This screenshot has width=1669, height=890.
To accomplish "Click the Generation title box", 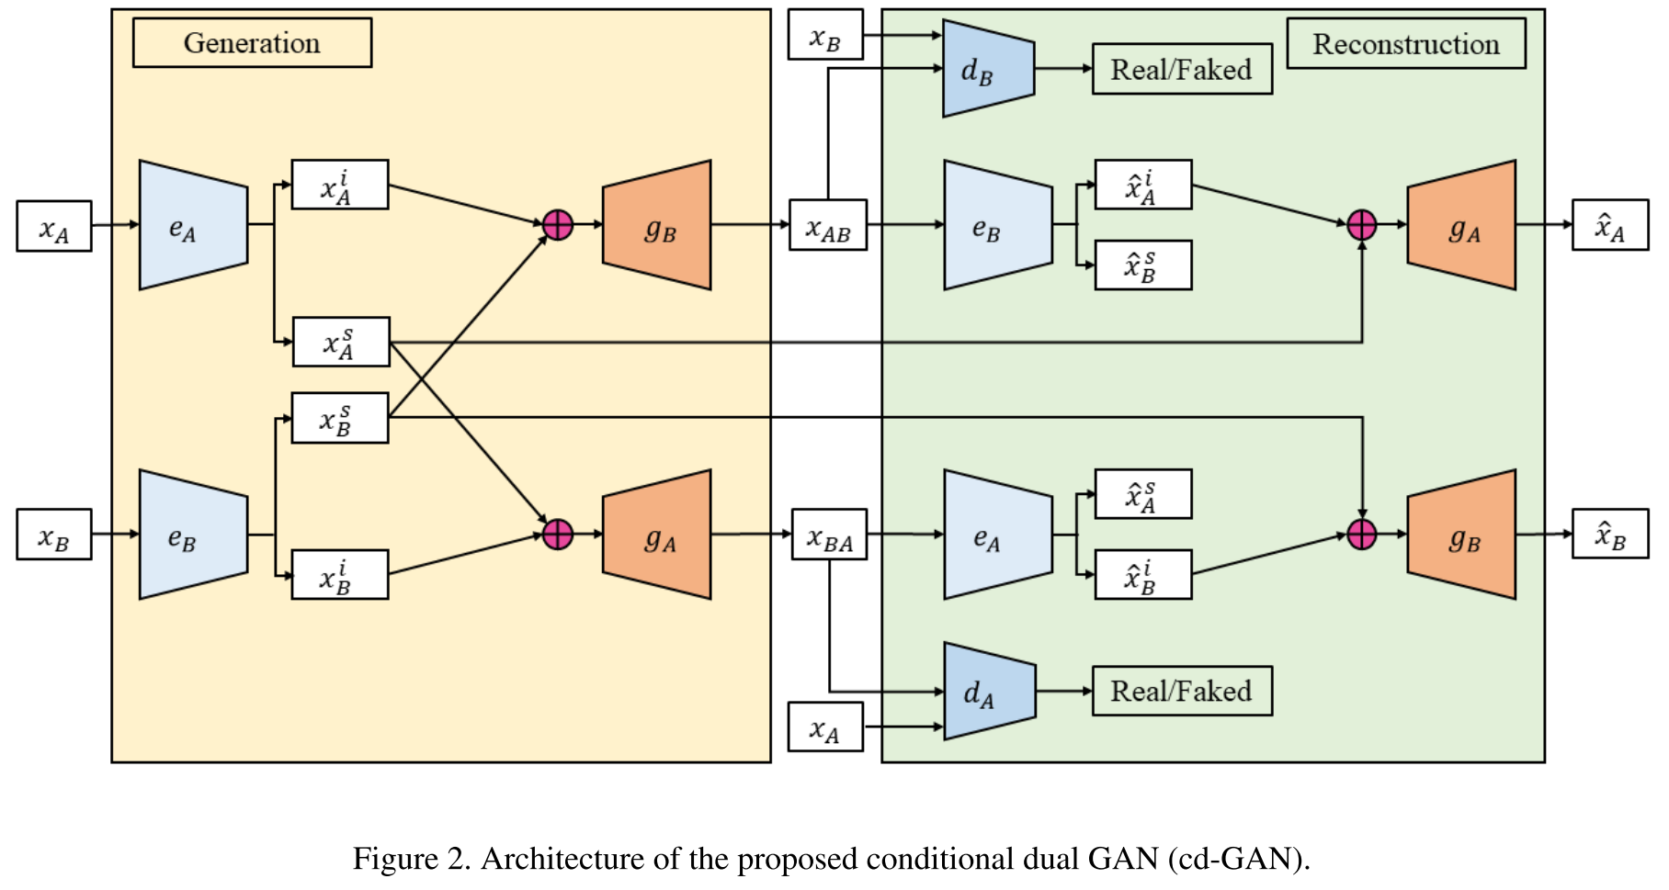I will point(252,43).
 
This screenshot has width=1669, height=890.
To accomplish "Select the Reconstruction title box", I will point(1405,44).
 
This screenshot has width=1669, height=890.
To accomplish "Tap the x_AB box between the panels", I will point(828,226).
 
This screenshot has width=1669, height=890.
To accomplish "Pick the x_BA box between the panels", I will point(830,535).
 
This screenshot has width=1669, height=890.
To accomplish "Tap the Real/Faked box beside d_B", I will point(1182,69).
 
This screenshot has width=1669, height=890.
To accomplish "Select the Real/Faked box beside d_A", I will point(1182,691).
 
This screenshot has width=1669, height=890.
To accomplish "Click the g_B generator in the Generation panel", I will point(657,226).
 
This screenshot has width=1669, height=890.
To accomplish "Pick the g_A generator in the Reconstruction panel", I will point(1461,226).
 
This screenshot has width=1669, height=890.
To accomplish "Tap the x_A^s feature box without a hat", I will point(341,342).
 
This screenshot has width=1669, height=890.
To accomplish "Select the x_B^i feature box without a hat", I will point(340,575).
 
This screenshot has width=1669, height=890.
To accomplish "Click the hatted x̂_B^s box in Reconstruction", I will point(1143,265).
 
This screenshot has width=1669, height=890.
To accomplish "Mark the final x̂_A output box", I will point(1609,226).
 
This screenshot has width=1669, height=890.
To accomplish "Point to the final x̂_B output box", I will point(1609,535).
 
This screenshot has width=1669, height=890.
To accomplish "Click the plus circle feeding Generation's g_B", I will point(558,224).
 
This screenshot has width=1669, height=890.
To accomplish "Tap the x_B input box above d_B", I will point(825,36).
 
